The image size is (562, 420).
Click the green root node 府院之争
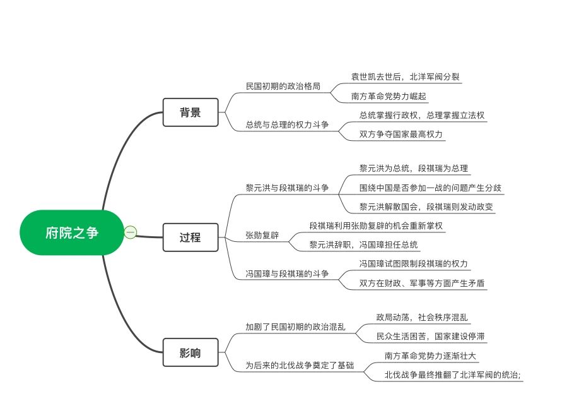(x=72, y=232)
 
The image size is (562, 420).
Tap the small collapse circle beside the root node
(x=131, y=232)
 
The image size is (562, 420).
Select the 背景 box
(x=190, y=112)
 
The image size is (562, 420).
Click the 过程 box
(x=190, y=237)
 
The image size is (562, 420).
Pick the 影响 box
(x=190, y=352)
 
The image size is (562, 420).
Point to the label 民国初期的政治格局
(x=283, y=86)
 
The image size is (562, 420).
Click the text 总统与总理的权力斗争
(x=287, y=124)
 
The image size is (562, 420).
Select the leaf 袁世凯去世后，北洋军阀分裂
(x=405, y=76)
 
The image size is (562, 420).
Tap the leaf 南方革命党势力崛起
(x=389, y=96)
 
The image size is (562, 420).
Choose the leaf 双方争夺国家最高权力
(x=401, y=134)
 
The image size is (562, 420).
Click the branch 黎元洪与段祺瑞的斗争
(x=287, y=188)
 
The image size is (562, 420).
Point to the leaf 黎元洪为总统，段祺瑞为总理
(x=414, y=168)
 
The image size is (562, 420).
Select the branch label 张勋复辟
(x=262, y=235)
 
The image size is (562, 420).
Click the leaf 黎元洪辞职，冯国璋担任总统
(x=363, y=244)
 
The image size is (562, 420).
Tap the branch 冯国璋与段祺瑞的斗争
(x=287, y=273)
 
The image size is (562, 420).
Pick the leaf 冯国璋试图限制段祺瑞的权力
(x=414, y=263)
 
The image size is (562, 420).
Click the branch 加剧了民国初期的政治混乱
(x=295, y=327)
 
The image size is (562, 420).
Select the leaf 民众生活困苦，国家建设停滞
(x=430, y=337)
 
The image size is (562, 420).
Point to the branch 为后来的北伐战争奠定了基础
(x=300, y=365)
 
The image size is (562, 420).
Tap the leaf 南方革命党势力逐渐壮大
(x=430, y=356)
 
